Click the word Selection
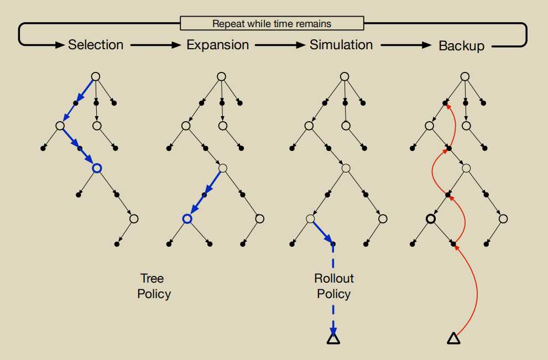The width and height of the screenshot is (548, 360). tap(96, 45)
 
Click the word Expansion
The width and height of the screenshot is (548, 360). tap(217, 45)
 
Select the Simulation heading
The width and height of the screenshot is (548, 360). tap(341, 44)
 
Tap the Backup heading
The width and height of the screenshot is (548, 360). tap(461, 45)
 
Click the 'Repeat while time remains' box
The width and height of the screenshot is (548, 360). tap(272, 23)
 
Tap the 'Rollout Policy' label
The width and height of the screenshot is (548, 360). tap(333, 286)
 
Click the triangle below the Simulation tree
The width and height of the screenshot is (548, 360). tap(333, 338)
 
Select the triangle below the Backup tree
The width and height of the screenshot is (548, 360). tap(453, 338)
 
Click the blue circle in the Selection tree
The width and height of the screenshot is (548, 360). tap(97, 168)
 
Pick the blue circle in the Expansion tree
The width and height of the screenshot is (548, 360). tap(187, 220)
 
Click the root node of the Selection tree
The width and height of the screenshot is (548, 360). tap(95, 76)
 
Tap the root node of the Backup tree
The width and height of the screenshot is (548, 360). tap(465, 76)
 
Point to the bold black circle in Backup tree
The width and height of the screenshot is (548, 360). tap(430, 220)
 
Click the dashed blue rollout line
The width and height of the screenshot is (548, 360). tap(333, 288)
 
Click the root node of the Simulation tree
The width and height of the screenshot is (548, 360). tap(345, 76)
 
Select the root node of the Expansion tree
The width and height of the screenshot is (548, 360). tap(221, 76)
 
